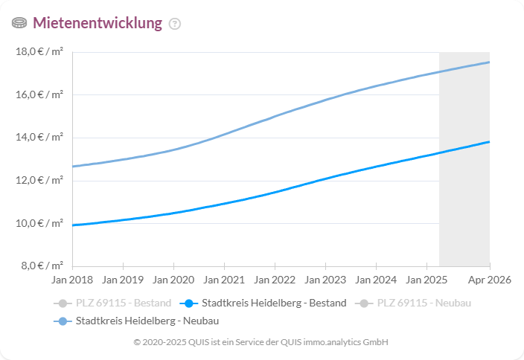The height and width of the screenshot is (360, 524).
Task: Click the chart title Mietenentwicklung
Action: coord(97,23)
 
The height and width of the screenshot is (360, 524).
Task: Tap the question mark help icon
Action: coord(175,24)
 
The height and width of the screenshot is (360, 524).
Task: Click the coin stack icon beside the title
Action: coord(19,23)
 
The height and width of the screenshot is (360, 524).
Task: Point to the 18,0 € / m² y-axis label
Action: coord(39,52)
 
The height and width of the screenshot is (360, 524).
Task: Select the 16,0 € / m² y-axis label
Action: coord(39,94)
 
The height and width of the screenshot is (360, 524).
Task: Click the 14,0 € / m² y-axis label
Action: coord(39,138)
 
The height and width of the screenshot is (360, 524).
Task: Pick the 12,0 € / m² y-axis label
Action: coord(39,180)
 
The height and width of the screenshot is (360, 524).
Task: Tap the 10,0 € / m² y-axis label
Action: coord(39,223)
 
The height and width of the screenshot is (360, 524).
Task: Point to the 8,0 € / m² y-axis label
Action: coord(41,266)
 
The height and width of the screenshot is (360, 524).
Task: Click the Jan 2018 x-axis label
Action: coord(72,280)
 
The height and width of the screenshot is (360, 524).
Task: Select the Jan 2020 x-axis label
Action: coord(173,280)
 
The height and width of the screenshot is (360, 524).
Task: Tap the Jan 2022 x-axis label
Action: coord(274,280)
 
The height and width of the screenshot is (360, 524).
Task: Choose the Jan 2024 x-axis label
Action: coord(375,280)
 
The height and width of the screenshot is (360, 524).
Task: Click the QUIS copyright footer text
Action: coord(261,342)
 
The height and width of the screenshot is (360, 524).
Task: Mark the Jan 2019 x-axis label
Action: coord(122,280)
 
